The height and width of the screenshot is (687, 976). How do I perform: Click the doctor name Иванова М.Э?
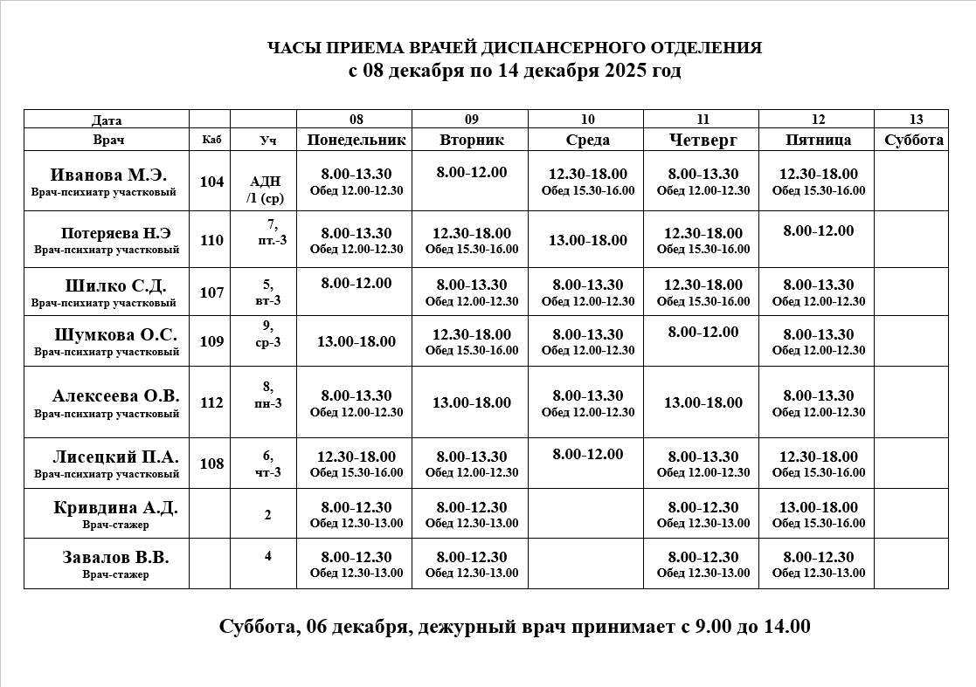108,175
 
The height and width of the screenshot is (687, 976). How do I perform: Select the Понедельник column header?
356,140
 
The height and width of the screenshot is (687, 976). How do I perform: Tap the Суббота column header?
914,140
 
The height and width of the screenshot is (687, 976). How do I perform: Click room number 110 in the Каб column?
211,240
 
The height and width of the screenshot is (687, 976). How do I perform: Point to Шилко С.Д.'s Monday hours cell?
356,283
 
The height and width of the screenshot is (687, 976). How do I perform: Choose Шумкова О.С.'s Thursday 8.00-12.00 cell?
703,332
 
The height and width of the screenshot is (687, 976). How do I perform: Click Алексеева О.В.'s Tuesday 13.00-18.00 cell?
472,402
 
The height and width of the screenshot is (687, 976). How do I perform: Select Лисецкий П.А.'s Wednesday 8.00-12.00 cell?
588,454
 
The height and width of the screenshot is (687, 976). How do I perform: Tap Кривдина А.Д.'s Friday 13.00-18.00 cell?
819,507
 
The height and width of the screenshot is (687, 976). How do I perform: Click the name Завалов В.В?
115,557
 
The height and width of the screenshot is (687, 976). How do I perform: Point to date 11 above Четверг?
703,120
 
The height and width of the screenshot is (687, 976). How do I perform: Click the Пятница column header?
819,140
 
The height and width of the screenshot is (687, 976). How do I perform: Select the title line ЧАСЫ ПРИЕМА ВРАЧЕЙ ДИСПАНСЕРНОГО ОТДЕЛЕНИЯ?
514,48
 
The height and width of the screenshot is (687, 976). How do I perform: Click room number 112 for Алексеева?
211,402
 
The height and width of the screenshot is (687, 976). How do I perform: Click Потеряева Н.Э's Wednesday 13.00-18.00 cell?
588,240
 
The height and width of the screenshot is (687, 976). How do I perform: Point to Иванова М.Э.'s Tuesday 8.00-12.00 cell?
472,172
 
